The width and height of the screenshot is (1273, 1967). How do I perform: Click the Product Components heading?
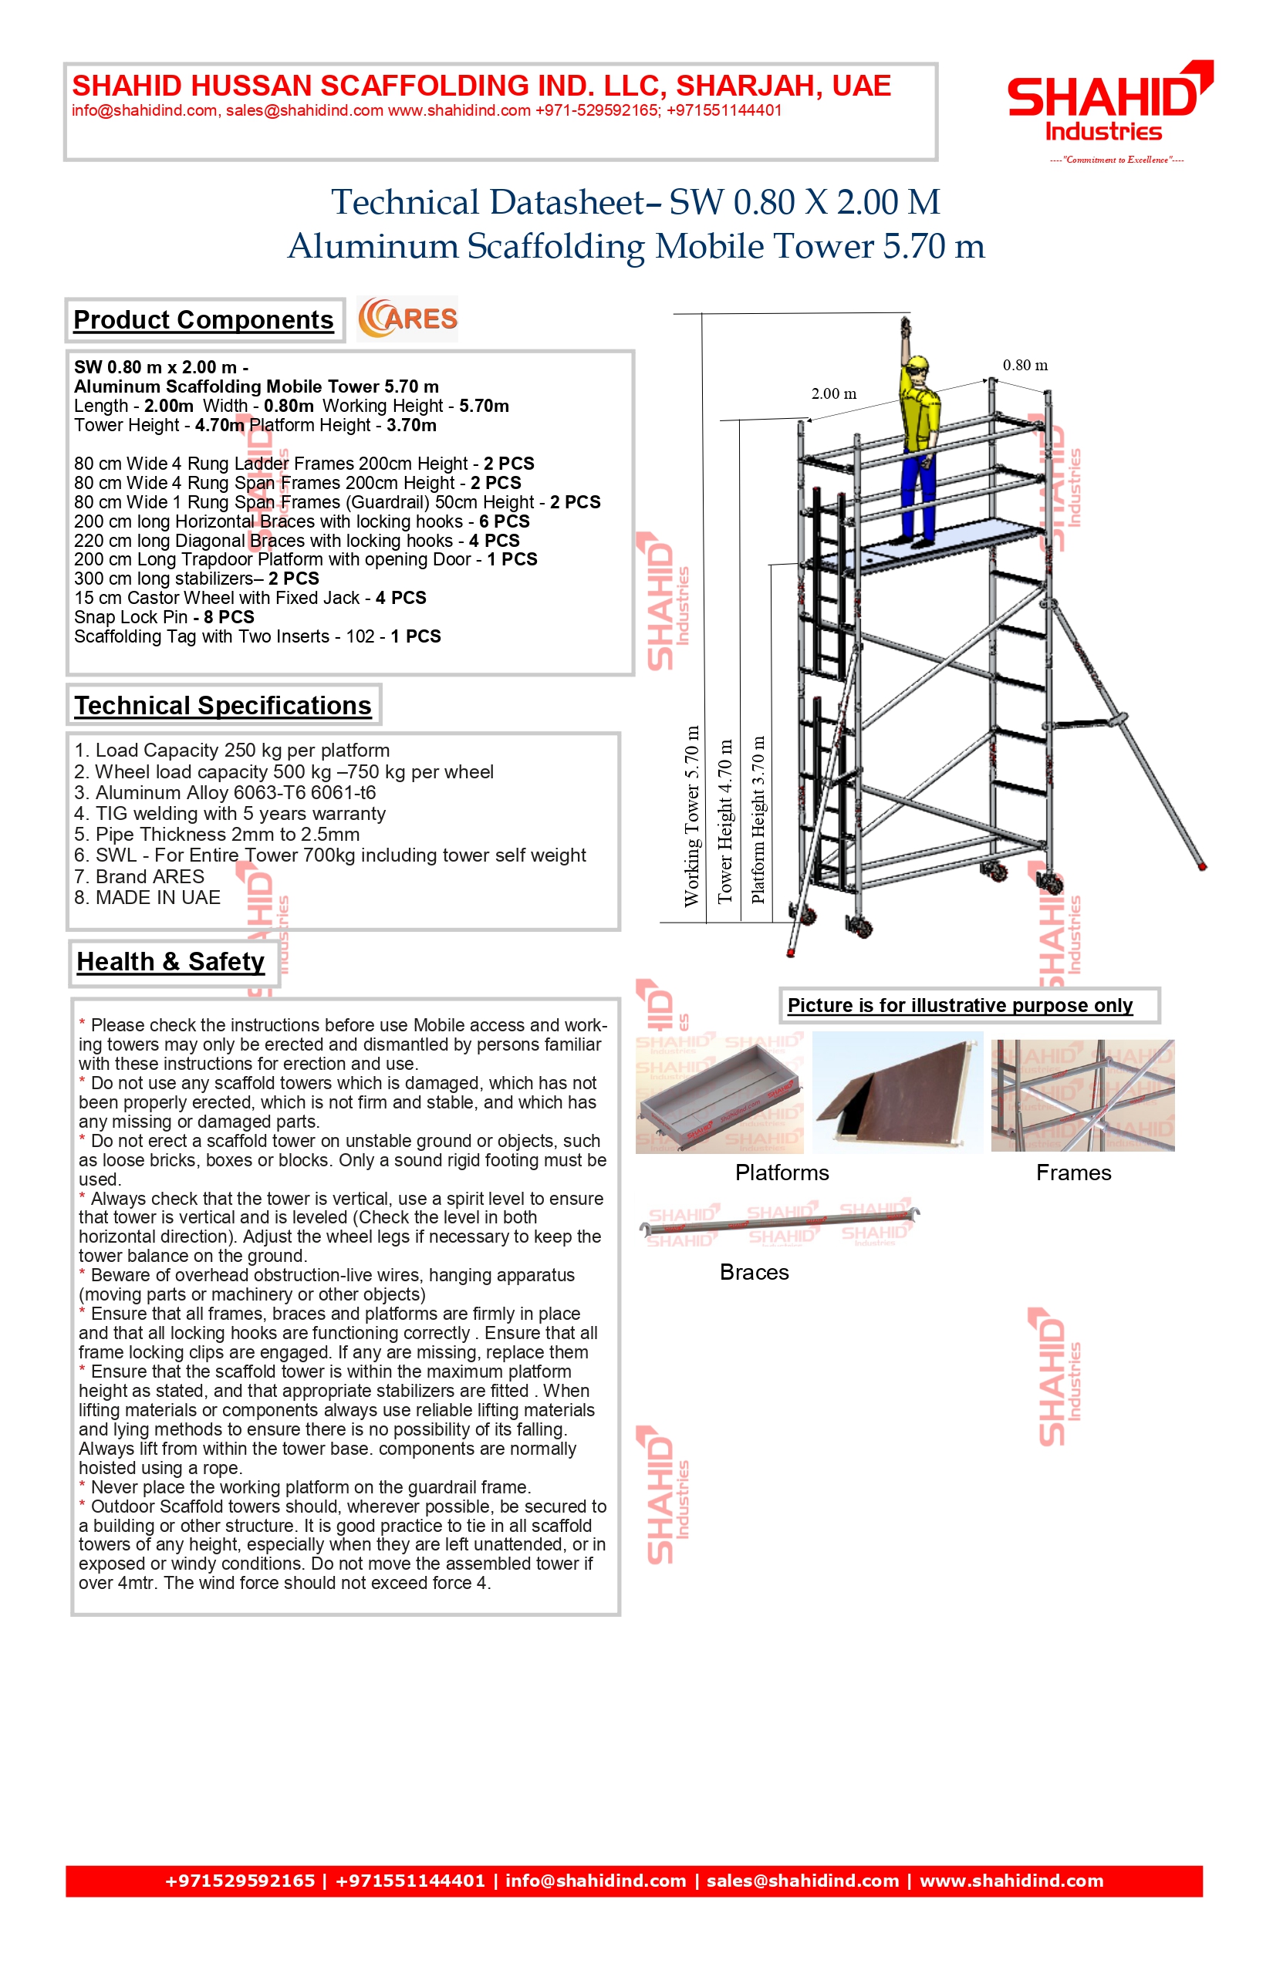pos(204,320)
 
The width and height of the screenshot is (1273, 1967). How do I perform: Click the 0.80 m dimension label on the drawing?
pos(1025,366)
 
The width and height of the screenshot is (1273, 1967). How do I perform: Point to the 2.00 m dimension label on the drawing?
pos(833,393)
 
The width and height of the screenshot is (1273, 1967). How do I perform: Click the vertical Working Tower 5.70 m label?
pos(691,816)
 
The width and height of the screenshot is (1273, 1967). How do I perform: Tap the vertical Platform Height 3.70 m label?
pos(758,819)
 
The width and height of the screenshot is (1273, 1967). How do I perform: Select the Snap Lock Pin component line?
pos(164,617)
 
